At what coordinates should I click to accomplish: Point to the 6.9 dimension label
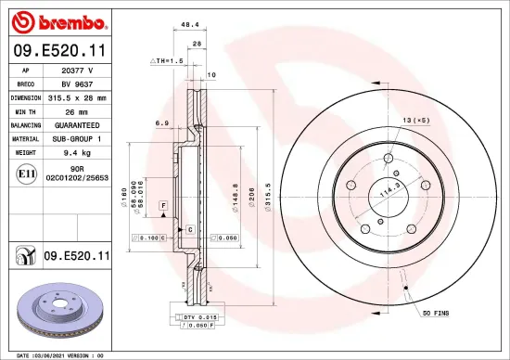(x=161, y=122)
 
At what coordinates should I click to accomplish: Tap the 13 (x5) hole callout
(x=414, y=121)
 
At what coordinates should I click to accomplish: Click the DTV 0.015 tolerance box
(x=196, y=318)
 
